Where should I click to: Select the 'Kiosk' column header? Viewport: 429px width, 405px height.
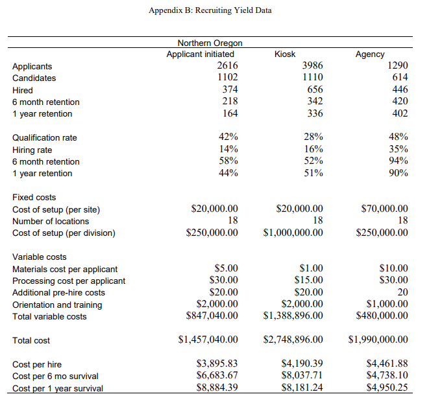(x=285, y=54)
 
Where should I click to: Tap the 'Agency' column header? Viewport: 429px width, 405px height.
(x=370, y=54)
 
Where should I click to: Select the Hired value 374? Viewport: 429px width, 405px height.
(x=228, y=90)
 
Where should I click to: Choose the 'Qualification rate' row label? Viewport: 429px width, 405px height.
(x=45, y=137)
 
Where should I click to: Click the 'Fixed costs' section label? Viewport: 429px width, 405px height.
(x=34, y=197)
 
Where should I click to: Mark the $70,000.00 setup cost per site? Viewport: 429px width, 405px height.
(x=384, y=209)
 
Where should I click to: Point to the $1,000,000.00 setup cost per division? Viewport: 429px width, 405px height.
(x=293, y=233)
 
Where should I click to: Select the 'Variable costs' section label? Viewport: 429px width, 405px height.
(x=40, y=257)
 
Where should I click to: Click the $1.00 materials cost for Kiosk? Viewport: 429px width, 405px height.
(x=311, y=268)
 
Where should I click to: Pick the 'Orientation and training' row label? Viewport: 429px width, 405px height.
(x=57, y=305)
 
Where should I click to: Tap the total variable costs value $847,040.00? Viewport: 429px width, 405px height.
(x=212, y=316)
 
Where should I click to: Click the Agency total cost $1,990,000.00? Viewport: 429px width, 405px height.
(x=378, y=340)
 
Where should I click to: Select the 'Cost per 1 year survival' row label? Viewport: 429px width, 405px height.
(x=58, y=389)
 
